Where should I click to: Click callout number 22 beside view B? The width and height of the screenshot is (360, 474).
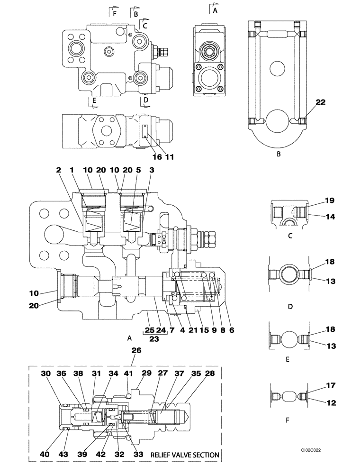pyautogui.click(x=321, y=101)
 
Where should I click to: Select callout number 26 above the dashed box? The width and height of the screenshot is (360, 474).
pyautogui.click(x=136, y=351)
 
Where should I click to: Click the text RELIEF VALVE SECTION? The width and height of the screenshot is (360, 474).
pyautogui.click(x=185, y=455)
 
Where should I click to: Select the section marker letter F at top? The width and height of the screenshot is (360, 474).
pyautogui.click(x=114, y=14)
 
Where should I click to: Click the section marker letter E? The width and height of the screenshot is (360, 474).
pyautogui.click(x=94, y=100)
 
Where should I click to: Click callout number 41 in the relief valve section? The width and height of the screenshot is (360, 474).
pyautogui.click(x=127, y=374)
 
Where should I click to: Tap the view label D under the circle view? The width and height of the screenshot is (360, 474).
pyautogui.click(x=290, y=307)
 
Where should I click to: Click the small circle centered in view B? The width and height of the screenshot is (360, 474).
pyautogui.click(x=278, y=69)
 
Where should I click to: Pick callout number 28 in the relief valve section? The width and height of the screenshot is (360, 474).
pyautogui.click(x=209, y=374)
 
